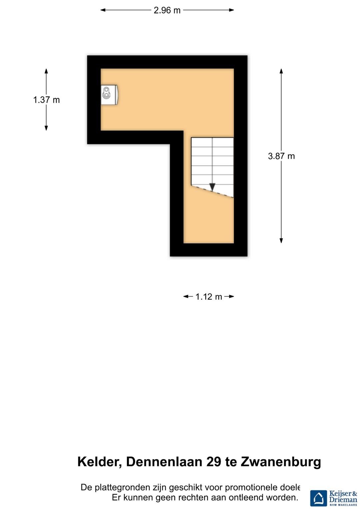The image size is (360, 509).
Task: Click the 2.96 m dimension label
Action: (x=167, y=10)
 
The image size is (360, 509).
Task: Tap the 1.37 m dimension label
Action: (x=46, y=100)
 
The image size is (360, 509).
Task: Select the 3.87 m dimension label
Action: (x=281, y=156)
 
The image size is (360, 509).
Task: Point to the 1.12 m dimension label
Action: (x=209, y=297)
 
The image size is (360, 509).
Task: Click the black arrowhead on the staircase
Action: (x=212, y=187)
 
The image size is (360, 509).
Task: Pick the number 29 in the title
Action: (x=214, y=462)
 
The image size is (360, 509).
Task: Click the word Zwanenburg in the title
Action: (x=281, y=462)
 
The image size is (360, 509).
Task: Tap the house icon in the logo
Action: (x=319, y=498)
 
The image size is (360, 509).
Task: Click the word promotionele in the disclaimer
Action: (x=251, y=488)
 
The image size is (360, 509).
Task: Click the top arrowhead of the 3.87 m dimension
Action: (x=281, y=71)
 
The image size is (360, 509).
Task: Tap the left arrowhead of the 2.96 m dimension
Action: (x=103, y=10)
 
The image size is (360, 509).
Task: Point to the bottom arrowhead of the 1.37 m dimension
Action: (x=46, y=128)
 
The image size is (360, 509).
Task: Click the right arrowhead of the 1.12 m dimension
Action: (x=232, y=296)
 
